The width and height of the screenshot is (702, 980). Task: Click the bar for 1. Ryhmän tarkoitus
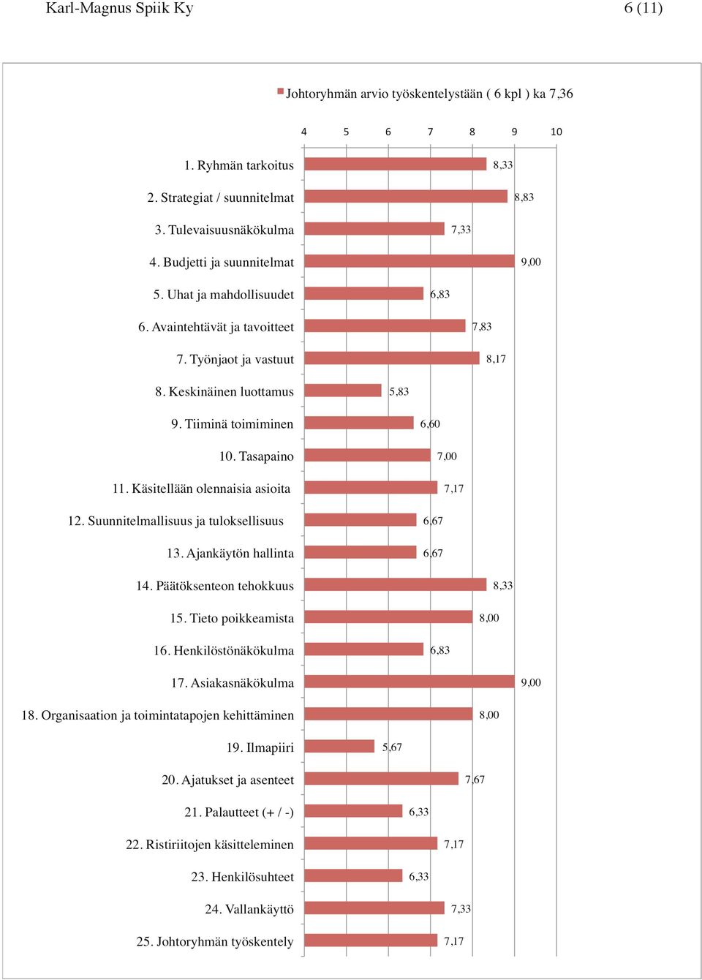pyautogui.click(x=396, y=164)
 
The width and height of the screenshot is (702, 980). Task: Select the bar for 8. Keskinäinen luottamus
pyautogui.click(x=343, y=391)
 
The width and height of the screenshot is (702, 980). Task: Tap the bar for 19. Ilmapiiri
pyautogui.click(x=339, y=747)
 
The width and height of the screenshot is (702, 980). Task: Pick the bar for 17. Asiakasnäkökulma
pyautogui.click(x=409, y=682)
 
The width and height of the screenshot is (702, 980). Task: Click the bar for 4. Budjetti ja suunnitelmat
pyautogui.click(x=409, y=261)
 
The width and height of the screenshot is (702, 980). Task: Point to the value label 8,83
pyautogui.click(x=524, y=197)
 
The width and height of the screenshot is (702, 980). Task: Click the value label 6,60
pyautogui.click(x=430, y=424)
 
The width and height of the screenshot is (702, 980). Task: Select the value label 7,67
pyautogui.click(x=475, y=780)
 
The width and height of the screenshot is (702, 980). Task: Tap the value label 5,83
pyautogui.click(x=399, y=391)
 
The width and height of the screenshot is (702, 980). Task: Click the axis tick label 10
pyautogui.click(x=556, y=132)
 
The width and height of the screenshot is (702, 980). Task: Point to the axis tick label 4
pyautogui.click(x=304, y=132)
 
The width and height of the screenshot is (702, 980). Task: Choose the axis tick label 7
pyautogui.click(x=430, y=132)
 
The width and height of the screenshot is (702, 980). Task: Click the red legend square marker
pyautogui.click(x=280, y=91)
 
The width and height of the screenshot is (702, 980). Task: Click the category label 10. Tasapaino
pyautogui.click(x=257, y=456)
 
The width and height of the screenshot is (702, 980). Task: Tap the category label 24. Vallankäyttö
pyautogui.click(x=249, y=909)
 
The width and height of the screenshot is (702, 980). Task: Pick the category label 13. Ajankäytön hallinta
pyautogui.click(x=230, y=554)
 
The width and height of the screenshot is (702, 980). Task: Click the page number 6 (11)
pyautogui.click(x=643, y=8)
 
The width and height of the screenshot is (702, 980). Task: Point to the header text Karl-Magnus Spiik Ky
pyautogui.click(x=119, y=8)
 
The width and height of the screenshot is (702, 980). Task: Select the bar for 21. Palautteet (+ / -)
pyautogui.click(x=353, y=811)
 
